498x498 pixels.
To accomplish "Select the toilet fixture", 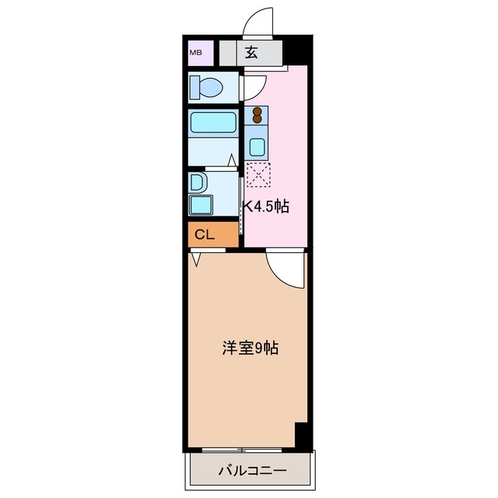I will coord(207,86).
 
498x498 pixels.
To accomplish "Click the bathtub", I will coord(213,123).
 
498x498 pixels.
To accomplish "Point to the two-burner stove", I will coord(256,116).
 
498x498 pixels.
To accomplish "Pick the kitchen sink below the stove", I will coord(256,146).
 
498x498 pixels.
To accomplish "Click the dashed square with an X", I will coord(257,174).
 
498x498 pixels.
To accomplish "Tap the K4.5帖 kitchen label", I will coord(266,207).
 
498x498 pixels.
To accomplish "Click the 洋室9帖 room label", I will coord(251,349).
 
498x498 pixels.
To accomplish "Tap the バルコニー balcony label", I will coord(251,470).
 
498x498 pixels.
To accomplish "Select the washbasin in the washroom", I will coord(198,184).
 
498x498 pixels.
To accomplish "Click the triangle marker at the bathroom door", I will coord(231,160).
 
